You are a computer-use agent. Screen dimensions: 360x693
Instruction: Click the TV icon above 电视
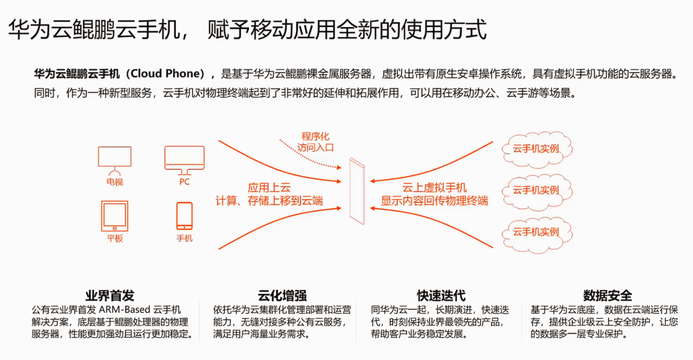[x=115, y=158]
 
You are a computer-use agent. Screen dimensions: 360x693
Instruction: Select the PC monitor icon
[x=184, y=158]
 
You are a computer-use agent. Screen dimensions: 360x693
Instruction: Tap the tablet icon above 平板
[x=115, y=215]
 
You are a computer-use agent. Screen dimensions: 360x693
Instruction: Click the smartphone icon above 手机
[x=185, y=215]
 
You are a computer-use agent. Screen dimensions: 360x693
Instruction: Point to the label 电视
[x=115, y=182]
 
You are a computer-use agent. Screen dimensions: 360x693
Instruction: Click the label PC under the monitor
[x=185, y=182]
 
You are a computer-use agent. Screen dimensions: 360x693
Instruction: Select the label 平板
[x=115, y=238]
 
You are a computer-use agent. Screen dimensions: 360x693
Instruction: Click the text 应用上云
[x=269, y=187]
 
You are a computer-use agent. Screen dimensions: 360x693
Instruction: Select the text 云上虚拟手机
[x=434, y=187]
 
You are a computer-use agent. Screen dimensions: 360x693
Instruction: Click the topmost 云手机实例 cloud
[x=536, y=149]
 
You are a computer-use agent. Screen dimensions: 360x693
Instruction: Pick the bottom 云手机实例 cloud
[x=536, y=231]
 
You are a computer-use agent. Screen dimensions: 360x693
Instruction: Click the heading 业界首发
[x=110, y=295]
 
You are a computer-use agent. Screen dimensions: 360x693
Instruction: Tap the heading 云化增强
[x=282, y=295]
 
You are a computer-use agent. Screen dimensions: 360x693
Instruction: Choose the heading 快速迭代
[x=441, y=295]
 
